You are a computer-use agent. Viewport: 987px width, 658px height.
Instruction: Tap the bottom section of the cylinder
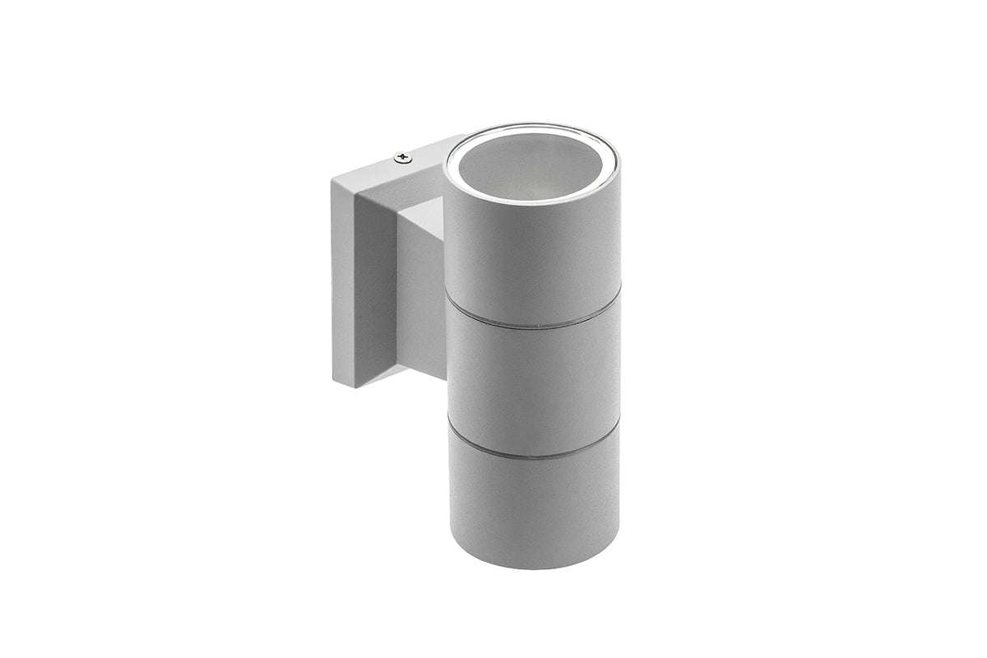click(533, 510)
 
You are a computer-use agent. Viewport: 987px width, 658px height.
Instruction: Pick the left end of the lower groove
click(449, 424)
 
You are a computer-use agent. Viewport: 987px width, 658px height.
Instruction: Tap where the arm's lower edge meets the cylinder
click(447, 380)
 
